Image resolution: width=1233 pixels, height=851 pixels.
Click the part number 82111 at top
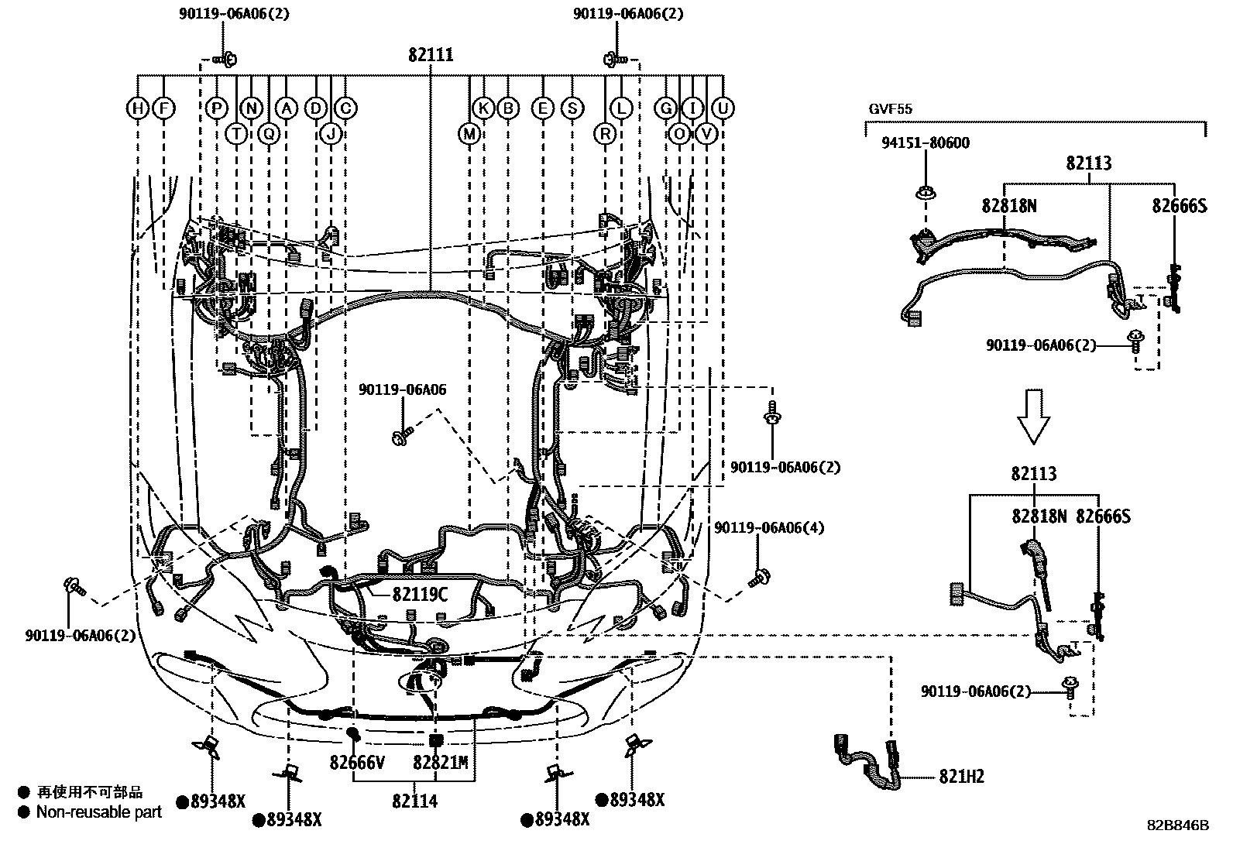click(x=431, y=56)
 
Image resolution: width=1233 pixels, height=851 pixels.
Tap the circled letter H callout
click(x=137, y=108)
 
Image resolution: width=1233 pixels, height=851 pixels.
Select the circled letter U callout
click(x=723, y=108)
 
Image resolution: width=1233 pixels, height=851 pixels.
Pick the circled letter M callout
click(x=469, y=133)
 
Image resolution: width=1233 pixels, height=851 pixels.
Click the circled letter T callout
click(x=236, y=133)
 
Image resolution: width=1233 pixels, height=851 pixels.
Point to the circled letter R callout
click(x=605, y=133)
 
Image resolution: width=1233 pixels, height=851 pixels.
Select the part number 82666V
click(x=357, y=763)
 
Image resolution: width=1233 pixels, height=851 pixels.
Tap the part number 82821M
click(x=440, y=763)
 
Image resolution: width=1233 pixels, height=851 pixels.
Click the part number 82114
click(x=414, y=801)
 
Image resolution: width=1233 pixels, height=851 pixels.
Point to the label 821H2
click(x=961, y=777)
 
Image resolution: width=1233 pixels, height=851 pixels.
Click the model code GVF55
click(x=890, y=109)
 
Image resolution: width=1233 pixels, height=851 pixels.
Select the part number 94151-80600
click(x=925, y=143)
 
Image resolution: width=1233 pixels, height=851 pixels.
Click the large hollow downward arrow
click(x=1033, y=416)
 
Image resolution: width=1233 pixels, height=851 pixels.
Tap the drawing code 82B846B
click(x=1177, y=825)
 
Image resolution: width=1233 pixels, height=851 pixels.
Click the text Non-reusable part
click(x=99, y=812)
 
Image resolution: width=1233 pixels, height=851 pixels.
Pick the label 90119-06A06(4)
click(x=768, y=528)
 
